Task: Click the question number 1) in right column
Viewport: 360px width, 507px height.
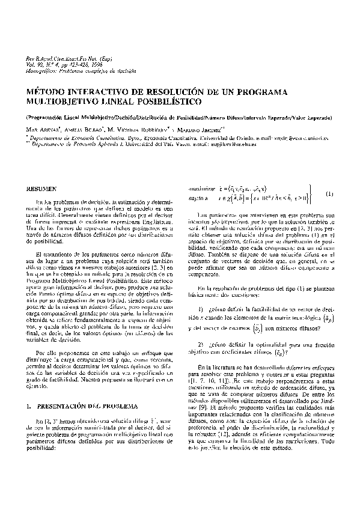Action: [195, 308]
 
